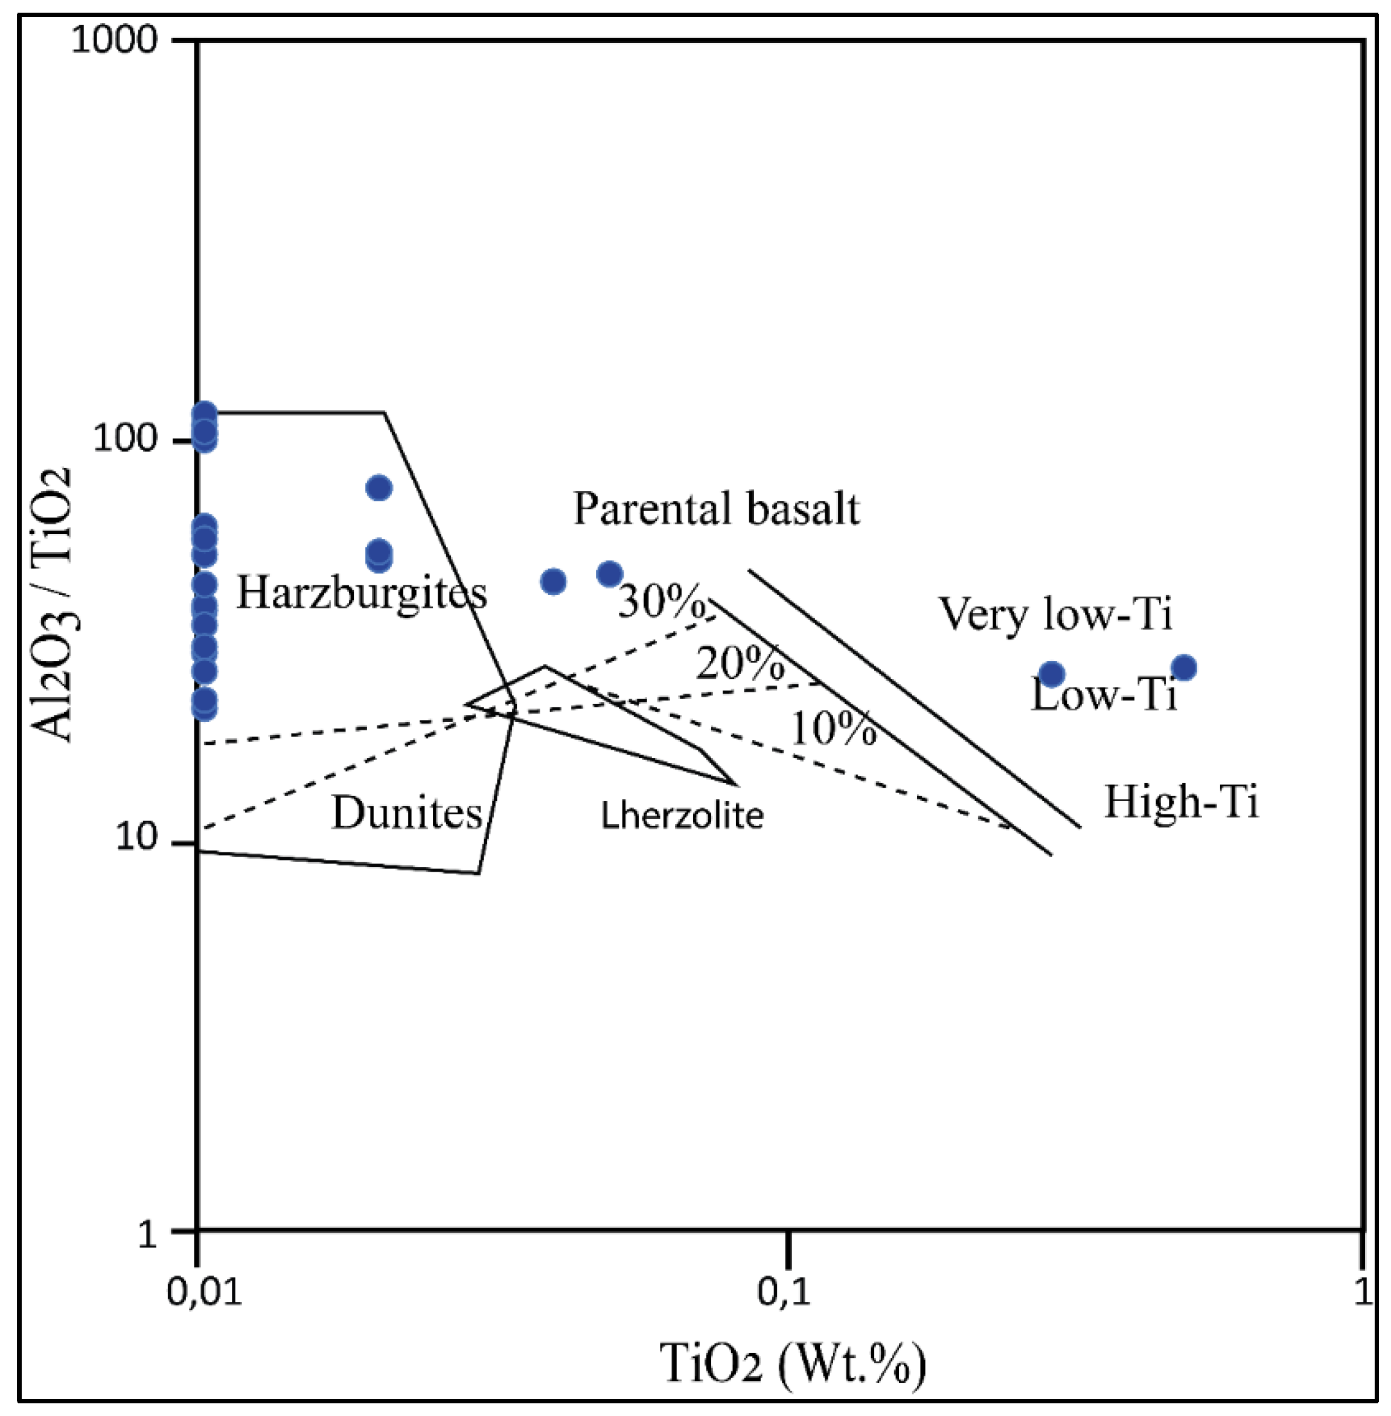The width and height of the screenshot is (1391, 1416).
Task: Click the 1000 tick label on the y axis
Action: pyautogui.click(x=114, y=39)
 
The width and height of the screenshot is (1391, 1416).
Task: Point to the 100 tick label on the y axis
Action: pyautogui.click(x=125, y=439)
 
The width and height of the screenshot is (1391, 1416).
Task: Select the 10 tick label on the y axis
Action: pyautogui.click(x=136, y=838)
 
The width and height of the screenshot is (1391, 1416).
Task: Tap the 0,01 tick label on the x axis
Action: pyautogui.click(x=204, y=1292)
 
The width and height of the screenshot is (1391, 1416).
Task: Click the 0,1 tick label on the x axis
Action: pyautogui.click(x=784, y=1292)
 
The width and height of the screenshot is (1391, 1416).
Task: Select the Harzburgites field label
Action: pyautogui.click(x=362, y=592)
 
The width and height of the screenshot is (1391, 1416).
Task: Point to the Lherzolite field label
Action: pyautogui.click(x=682, y=815)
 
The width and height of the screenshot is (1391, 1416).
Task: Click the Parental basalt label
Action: pyautogui.click(x=716, y=508)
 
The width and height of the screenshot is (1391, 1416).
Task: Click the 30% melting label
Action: pyautogui.click(x=662, y=601)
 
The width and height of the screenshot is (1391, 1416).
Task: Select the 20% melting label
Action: pyautogui.click(x=740, y=664)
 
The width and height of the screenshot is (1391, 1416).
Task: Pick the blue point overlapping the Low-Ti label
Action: pyautogui.click(x=1051, y=674)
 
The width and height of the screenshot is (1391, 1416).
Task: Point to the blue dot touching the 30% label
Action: pyautogui.click(x=610, y=574)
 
